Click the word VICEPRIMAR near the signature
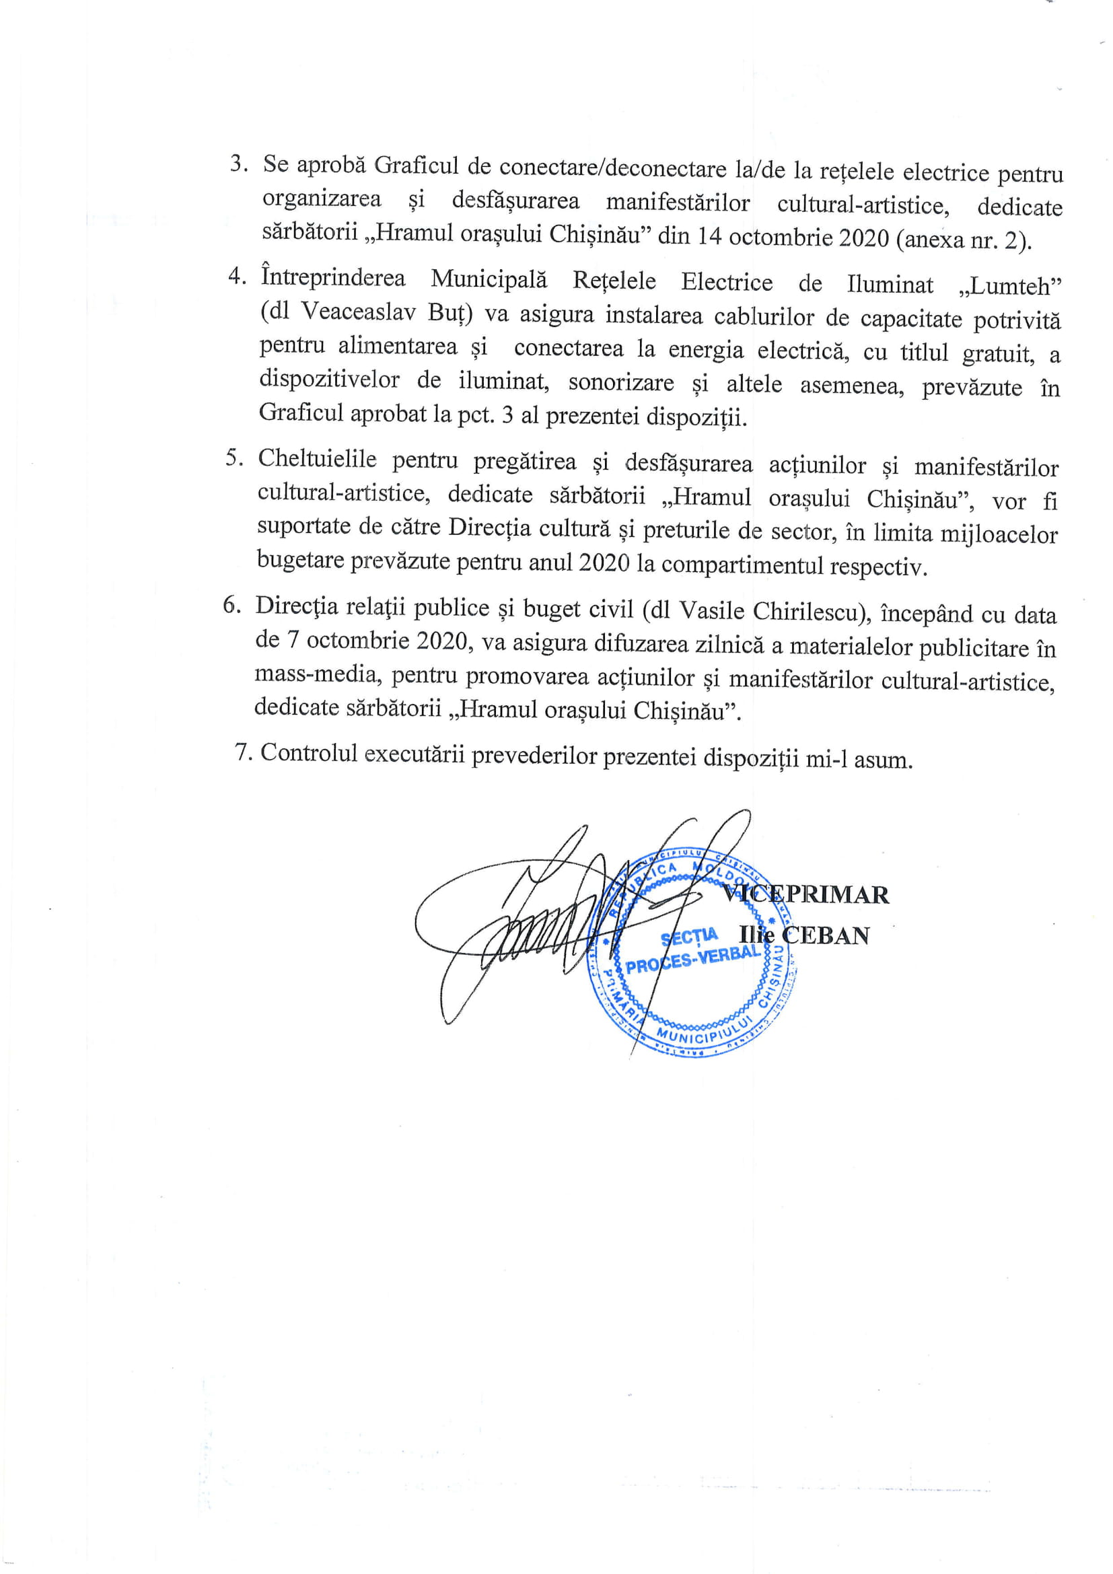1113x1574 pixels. click(x=807, y=894)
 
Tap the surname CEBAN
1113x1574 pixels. click(x=826, y=937)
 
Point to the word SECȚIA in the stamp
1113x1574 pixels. click(x=689, y=937)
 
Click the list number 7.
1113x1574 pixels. click(x=244, y=752)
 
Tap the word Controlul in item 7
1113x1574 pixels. click(x=306, y=753)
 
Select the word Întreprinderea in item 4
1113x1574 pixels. click(x=333, y=278)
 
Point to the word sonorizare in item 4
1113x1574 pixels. click(x=621, y=382)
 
